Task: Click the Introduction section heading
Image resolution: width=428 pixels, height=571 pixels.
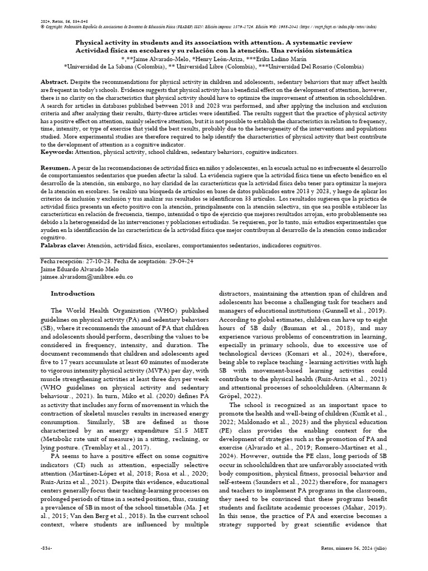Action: click(72, 293)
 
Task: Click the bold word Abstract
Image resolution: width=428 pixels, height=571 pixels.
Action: click(54, 82)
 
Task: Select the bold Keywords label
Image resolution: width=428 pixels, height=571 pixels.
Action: click(56, 152)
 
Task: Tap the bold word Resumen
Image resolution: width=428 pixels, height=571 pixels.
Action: click(55, 167)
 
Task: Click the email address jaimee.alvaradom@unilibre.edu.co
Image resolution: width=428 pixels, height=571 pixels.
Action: click(87, 276)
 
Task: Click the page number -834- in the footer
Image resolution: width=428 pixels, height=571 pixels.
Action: click(46, 564)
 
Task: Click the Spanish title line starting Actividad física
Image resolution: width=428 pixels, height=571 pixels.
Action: click(213, 50)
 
